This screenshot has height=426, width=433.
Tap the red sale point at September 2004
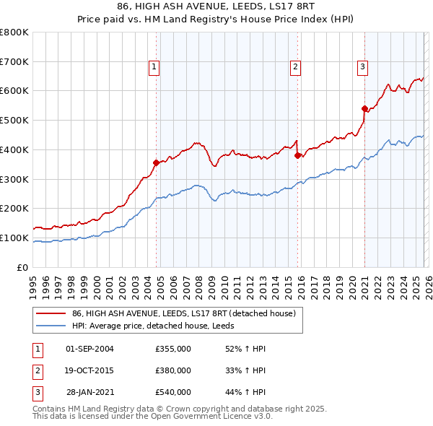pos(156,162)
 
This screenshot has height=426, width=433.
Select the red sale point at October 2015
pos(298,155)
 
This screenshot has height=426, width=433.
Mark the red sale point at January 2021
pos(365,108)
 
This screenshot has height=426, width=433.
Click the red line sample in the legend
pos(51,314)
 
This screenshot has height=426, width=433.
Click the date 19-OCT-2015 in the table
pos(89,370)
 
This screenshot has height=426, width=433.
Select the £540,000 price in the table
pos(172,392)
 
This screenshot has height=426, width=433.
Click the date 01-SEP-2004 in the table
pos(89,349)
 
